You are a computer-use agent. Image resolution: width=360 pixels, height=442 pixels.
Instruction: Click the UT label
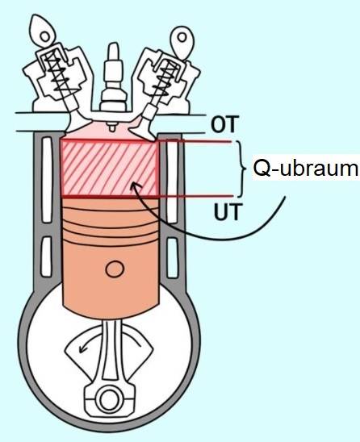pos(228,211)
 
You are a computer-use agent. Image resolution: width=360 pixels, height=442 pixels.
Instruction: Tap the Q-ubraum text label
pos(306,169)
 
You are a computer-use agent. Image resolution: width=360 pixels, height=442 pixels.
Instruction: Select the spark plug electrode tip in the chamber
pos(112,127)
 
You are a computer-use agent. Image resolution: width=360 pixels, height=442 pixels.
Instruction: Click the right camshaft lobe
pos(182,42)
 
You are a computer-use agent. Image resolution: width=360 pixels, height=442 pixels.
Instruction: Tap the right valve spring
pos(164,80)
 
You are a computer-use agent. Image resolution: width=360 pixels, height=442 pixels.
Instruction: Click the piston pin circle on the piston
pos(115,269)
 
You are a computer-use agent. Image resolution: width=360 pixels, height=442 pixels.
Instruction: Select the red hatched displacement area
pos(110,169)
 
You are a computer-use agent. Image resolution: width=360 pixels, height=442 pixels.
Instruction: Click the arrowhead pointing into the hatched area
pos(135,186)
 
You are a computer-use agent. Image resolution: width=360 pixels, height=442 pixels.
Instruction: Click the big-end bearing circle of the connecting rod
pos(109,400)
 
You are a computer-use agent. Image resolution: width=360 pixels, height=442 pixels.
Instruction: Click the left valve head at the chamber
pos(77,126)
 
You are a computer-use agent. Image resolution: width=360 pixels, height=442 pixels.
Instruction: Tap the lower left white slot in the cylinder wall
pos(47,256)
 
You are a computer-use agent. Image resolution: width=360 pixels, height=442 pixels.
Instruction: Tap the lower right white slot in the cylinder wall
pos(173,258)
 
